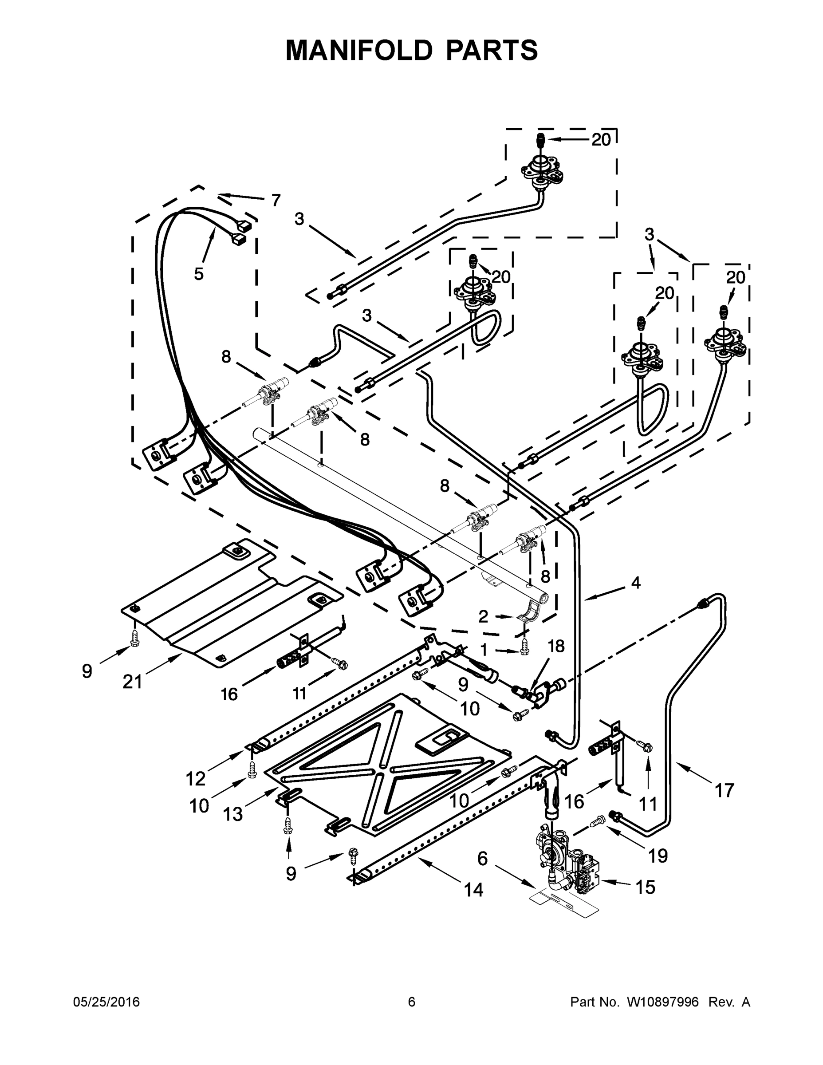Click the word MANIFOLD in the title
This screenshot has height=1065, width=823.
pos(359,50)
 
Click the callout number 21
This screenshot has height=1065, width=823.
pos(132,682)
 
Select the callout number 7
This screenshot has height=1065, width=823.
pos(276,200)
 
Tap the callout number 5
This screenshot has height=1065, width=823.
pos(198,274)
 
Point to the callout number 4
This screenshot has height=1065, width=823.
pos(635,582)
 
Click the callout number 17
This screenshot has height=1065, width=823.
pos(724,790)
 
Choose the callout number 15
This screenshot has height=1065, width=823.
pos(646,887)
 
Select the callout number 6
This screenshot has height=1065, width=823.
pos(482,858)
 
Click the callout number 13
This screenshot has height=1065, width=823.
pos(232,814)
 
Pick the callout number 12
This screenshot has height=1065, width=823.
pos(196,779)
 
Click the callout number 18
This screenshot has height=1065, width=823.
pos(556,646)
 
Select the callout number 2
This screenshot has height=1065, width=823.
pos(483,617)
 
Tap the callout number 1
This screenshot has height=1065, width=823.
pos(484,650)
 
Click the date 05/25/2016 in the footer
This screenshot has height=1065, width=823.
pos(106,1002)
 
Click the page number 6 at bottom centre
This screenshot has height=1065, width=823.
pos(412,1002)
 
